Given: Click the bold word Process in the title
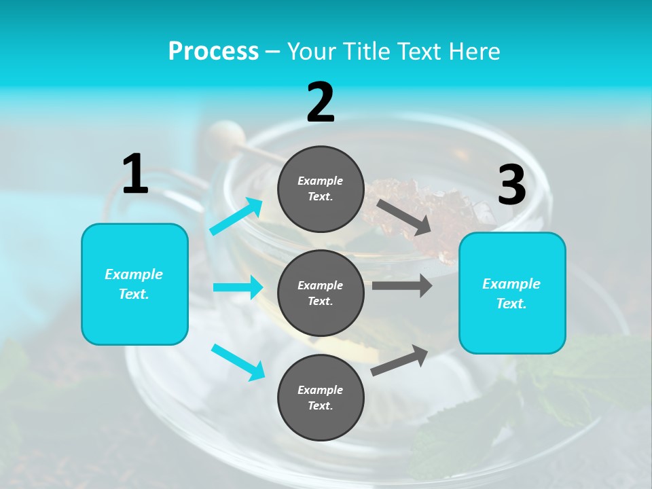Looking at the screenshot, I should coord(213,52).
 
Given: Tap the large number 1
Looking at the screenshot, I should coord(135,174).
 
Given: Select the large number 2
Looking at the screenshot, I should coord(321,103).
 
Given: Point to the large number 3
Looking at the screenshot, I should coord(511,185).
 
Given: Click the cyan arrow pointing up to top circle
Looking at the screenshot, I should coord(236,217).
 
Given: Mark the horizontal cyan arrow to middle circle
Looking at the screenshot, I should coord(238,287).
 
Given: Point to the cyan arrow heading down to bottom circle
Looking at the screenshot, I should coord(238,362).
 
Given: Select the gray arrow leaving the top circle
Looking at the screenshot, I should coord(404,217).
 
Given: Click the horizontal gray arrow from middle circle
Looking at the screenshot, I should coord(401,286).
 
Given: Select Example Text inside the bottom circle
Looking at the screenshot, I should coord(321,398).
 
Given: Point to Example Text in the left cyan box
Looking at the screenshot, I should coord(134,284).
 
